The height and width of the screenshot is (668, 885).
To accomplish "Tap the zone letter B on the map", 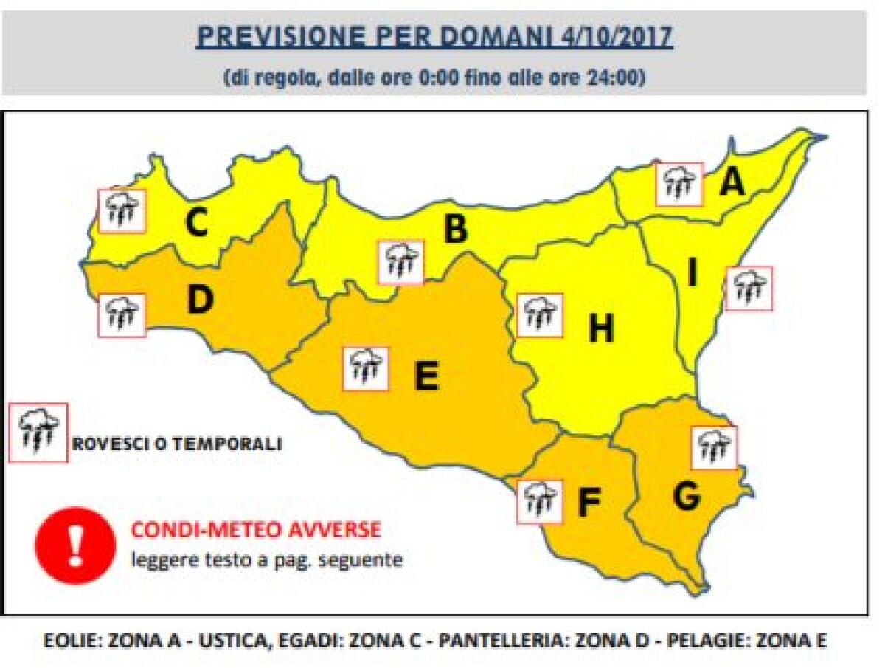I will click(455, 230).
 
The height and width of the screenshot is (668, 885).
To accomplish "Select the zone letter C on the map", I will click(196, 224).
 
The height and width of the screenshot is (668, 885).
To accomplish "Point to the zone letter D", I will click(200, 299).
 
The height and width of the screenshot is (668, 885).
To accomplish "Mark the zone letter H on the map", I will click(601, 329).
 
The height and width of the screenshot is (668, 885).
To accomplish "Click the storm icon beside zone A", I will click(679, 185).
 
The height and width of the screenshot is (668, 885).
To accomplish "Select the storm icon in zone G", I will click(714, 448).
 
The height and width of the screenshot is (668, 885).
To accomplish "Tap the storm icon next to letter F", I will click(540, 502).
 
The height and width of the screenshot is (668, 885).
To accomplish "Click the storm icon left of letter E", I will click(366, 368).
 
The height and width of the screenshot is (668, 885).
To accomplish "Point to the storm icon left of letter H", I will click(540, 315).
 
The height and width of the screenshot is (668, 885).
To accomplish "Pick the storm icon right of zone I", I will click(749, 289).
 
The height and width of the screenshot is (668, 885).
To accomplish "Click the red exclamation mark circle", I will click(75, 545).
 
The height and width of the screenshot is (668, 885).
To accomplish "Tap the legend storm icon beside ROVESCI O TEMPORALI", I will click(38, 433).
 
